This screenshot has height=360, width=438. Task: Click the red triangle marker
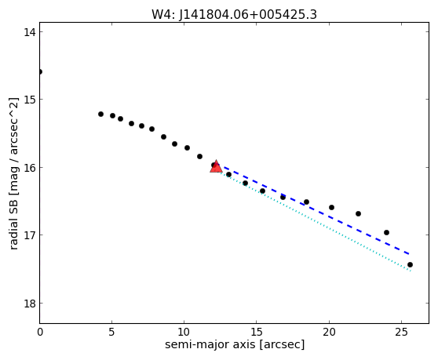point(216,166)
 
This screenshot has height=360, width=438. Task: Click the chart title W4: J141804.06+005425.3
point(234,15)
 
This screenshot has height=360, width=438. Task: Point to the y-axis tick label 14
point(29,32)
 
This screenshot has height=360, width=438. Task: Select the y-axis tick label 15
point(29,100)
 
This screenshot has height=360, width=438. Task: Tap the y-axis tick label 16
point(29,167)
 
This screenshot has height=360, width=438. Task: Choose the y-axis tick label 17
point(29,235)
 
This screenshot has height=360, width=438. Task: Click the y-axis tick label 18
point(29,304)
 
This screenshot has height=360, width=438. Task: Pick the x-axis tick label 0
point(40,332)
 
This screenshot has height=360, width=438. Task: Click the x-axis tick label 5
point(111,332)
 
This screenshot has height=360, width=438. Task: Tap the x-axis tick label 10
point(184,332)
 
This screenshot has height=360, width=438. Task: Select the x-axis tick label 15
point(257,332)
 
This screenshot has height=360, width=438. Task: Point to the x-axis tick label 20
point(329,332)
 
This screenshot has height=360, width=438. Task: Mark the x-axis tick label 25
point(401,332)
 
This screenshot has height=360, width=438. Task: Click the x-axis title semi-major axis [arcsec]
point(235,344)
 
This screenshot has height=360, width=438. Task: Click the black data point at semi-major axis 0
point(40,71)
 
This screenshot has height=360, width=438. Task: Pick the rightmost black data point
point(410,264)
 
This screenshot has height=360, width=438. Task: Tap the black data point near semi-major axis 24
point(387,232)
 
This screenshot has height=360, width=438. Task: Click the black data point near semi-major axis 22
point(359,214)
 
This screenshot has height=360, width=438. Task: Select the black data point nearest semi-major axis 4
point(100,115)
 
